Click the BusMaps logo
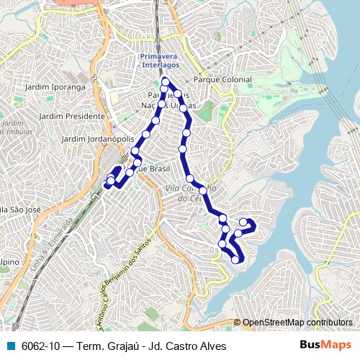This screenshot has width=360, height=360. click(325, 345)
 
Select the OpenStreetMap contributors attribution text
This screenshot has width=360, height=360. click(297, 323)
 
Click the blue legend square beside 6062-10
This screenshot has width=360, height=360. click(9, 346)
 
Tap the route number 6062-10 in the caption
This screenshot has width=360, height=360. click(41, 346)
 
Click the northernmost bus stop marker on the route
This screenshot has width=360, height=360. click(166, 81)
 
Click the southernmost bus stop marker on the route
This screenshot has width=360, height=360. click(235, 259)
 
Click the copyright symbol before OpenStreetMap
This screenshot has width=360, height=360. click(237, 323)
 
